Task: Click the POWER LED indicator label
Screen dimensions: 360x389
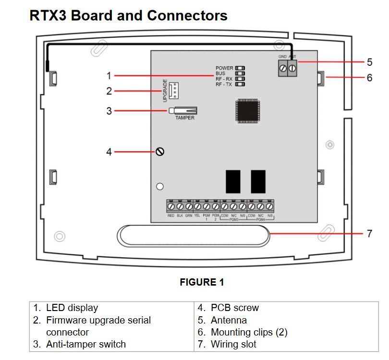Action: point(224,68)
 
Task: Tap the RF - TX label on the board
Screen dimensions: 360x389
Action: point(224,84)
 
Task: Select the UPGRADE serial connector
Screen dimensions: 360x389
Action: point(175,90)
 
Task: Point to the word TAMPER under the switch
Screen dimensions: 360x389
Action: point(185,118)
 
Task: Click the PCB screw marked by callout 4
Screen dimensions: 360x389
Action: point(160,152)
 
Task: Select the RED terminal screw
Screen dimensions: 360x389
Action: point(171,206)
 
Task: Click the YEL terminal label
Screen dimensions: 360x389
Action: point(197,216)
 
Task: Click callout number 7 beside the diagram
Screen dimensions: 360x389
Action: point(369,233)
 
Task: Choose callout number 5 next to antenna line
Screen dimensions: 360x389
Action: point(369,62)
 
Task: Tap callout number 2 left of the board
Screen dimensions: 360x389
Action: point(109,91)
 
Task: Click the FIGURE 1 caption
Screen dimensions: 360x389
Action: point(202,282)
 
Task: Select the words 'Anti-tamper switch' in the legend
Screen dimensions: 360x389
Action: point(86,344)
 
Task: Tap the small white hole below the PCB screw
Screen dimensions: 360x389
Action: point(160,186)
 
